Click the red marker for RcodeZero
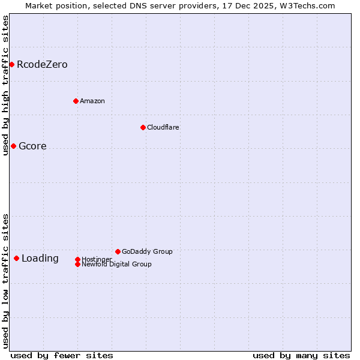[x=11, y=64]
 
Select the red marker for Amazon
[x=76, y=101]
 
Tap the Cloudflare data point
[x=143, y=127]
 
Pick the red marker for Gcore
[x=13, y=146]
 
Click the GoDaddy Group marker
[x=118, y=251]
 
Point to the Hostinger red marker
[x=77, y=259]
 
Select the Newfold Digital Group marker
[x=77, y=264]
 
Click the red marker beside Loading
[x=16, y=258]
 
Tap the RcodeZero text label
[x=42, y=64]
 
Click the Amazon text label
[x=92, y=101]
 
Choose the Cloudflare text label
[x=163, y=127]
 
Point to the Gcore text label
[x=32, y=146]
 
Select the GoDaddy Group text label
[x=147, y=251]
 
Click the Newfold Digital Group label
[x=116, y=264]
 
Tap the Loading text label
[x=40, y=259]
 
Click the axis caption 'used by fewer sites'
[x=62, y=355]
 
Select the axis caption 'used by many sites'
[x=301, y=355]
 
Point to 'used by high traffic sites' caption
[x=5, y=85]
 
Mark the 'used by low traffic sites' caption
[x=5, y=280]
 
